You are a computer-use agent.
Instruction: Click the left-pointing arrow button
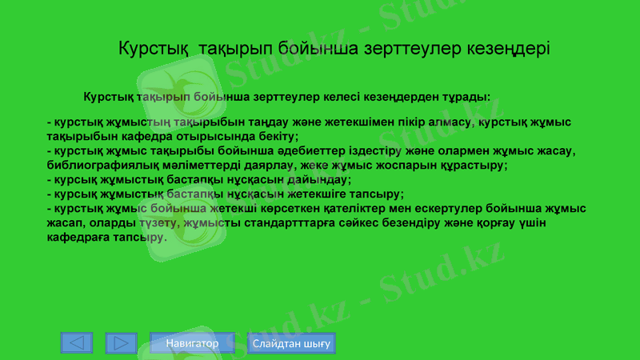77,343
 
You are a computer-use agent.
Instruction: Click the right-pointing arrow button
121,343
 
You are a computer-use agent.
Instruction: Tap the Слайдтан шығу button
291,343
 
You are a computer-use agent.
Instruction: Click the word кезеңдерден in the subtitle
398,98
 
